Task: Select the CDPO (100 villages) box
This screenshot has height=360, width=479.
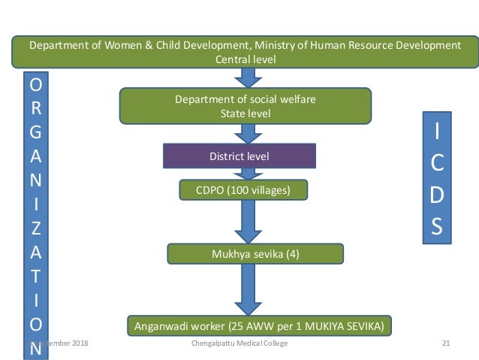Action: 244,191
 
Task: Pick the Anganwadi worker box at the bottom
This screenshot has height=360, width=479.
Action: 260,327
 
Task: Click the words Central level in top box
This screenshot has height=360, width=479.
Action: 245,60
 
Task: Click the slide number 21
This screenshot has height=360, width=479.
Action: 446,343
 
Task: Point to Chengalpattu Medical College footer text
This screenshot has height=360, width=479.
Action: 239,343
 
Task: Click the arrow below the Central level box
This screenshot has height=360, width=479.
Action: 246,77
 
